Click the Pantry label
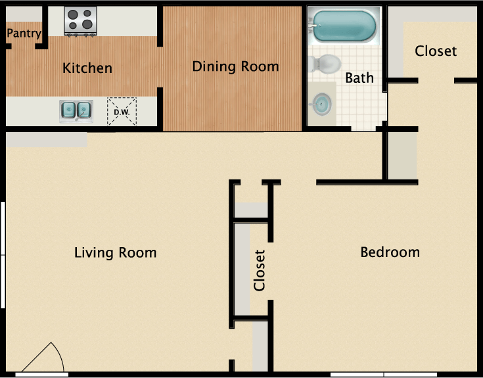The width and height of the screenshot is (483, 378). coord(24,34)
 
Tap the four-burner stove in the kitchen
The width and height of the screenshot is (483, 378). coord(80,20)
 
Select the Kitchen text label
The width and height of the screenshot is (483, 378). coord(87,68)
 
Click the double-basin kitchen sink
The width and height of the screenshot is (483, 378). coord(76,110)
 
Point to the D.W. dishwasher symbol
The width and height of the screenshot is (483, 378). coord(122,110)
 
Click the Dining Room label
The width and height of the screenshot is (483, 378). coord(235,66)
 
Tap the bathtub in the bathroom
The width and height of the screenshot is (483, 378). coord(344,26)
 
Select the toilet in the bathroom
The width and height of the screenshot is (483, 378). coord(324,64)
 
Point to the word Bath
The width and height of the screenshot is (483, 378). coord(359,78)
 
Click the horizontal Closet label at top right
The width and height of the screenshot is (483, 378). coord(436,51)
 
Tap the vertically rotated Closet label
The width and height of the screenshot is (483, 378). coord(260,270)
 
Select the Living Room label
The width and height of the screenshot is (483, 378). coord(115,252)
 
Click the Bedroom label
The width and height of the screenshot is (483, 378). coord(390,252)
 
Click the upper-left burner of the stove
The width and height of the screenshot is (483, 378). coord(73,14)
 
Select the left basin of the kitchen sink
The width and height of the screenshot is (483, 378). coord(68,110)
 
